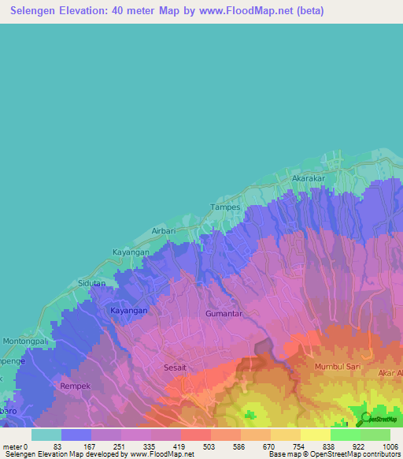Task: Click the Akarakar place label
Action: [x=309, y=179]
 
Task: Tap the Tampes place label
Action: [x=224, y=207]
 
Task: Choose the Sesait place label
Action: [x=175, y=368]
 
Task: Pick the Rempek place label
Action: [x=76, y=386]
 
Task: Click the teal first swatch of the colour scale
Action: [x=46, y=435]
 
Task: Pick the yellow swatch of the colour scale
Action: [x=315, y=435]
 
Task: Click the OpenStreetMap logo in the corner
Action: [x=377, y=418]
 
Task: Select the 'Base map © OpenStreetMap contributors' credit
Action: [x=334, y=454]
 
